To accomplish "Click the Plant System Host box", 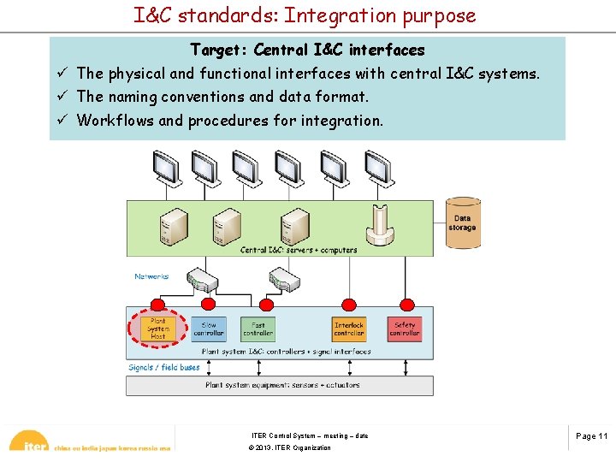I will (x=158, y=329).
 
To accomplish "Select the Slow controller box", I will (x=209, y=329).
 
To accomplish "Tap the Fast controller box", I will (x=258, y=329).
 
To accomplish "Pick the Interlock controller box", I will (x=349, y=329).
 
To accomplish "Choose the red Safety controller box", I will (x=405, y=329).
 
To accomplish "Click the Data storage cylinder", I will (x=462, y=223).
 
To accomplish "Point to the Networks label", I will (x=151, y=276).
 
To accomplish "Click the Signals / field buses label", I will (x=164, y=368).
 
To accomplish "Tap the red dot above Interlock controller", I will (x=349, y=304).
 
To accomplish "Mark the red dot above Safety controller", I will (x=405, y=304).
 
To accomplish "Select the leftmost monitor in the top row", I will (x=164, y=167).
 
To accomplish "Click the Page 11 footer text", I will (x=591, y=436).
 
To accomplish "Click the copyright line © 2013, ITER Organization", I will (x=289, y=448).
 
